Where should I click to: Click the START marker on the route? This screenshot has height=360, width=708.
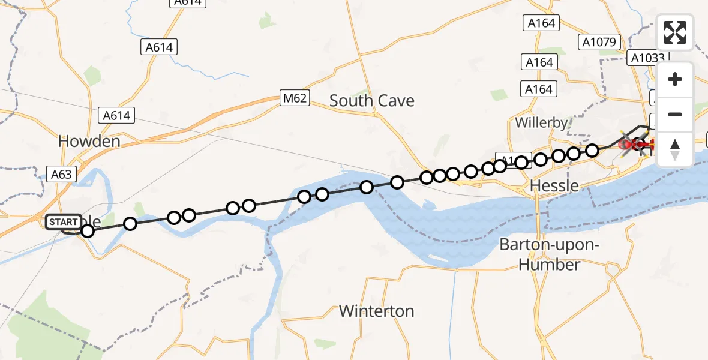[63, 222]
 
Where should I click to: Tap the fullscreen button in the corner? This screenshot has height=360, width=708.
[675, 32]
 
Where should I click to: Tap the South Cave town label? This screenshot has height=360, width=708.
[371, 101]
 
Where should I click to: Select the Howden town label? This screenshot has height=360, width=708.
[89, 142]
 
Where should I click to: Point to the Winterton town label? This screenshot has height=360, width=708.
[376, 311]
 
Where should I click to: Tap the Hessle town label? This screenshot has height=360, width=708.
[555, 186]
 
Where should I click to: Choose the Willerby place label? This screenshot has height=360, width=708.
[541, 123]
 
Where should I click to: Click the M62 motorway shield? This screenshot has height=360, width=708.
[295, 98]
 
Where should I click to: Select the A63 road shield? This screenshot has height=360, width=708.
[62, 175]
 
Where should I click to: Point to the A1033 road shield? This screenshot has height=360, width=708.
[647, 58]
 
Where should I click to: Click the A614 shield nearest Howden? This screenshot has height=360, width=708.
[116, 115]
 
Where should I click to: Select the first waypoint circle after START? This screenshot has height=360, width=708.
[88, 231]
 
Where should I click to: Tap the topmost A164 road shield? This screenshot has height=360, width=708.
[541, 23]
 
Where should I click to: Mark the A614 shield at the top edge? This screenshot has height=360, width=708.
[188, 2]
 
